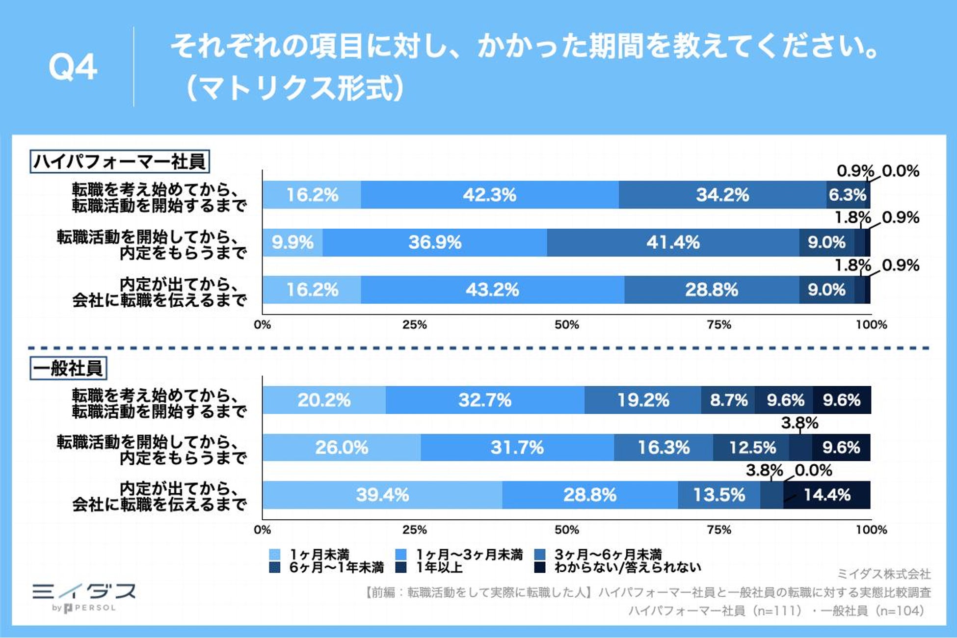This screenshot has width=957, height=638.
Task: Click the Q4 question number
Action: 73,67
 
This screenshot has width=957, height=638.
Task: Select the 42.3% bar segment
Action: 489,195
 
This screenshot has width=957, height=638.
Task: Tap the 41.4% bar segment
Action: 673,242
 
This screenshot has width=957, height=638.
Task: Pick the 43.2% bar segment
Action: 492,290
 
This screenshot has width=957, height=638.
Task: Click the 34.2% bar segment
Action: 722,195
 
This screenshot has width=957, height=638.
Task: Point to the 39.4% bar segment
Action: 382,495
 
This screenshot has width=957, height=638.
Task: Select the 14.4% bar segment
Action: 827,495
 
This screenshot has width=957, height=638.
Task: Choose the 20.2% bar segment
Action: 324,400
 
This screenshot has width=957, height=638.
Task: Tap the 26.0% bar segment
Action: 342,448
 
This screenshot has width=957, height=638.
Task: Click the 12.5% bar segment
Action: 752,448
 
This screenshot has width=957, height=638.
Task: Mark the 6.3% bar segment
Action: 847,195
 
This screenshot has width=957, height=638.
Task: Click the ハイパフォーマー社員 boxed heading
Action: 120,161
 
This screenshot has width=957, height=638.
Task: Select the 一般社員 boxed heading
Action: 68,369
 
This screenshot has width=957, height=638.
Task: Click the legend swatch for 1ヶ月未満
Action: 275,555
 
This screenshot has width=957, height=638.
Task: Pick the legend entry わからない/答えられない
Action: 627,568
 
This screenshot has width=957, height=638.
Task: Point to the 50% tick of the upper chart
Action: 567,325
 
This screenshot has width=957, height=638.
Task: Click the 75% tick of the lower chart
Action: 719,530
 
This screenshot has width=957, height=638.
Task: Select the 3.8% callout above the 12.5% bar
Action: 799,423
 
